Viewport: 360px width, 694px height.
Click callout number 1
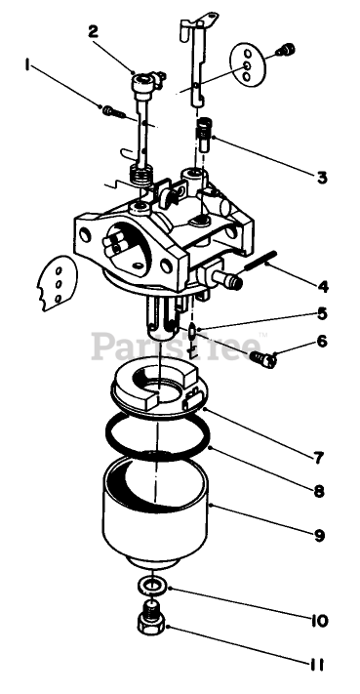(x=27, y=65)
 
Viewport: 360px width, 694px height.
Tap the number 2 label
(x=93, y=32)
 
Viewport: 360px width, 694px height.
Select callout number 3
(x=322, y=177)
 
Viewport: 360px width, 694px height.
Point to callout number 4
(x=323, y=286)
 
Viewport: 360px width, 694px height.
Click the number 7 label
(x=319, y=457)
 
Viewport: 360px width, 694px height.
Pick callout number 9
(x=320, y=536)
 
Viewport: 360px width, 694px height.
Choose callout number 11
(x=316, y=665)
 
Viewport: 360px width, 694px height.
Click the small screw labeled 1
(x=113, y=111)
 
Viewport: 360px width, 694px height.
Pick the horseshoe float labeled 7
(x=155, y=386)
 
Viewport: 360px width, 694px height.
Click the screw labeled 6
(x=263, y=358)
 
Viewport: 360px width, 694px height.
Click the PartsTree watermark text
(x=176, y=346)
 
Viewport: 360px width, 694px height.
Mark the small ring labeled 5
(x=192, y=330)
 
